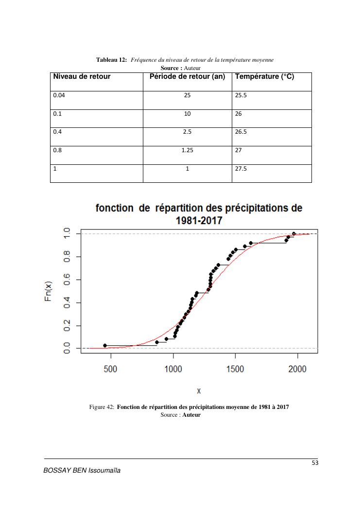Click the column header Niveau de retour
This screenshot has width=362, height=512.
pos(82,77)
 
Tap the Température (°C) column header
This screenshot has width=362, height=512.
pos(264,77)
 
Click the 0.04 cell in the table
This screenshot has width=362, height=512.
pos(59,95)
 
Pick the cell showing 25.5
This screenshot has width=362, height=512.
pos(241,95)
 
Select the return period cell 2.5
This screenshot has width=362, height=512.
pos(187,132)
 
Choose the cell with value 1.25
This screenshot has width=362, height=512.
pos(187,150)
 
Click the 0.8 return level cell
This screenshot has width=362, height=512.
pos(57,150)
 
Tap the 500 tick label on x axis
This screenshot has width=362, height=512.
pos(111,370)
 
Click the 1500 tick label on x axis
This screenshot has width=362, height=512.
pos(235,370)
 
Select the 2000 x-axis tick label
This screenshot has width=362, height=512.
pos(297,370)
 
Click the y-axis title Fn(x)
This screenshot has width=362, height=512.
pos(49,291)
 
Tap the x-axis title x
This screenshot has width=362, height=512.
pos(199,390)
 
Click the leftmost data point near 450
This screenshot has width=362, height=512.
pos(105,345)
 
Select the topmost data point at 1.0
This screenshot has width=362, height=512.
pos(293,234)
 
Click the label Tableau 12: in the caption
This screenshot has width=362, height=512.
pos(112,60)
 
